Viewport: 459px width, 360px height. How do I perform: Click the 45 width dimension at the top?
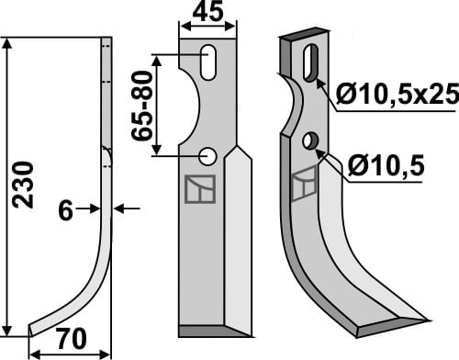click(x=207, y=14)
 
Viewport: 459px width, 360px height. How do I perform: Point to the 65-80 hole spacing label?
click(x=142, y=107)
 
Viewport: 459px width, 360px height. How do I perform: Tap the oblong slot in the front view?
click(x=210, y=63)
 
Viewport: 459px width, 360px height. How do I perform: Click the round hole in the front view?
click(x=208, y=156)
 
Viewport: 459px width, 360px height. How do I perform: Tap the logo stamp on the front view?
click(x=202, y=189)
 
